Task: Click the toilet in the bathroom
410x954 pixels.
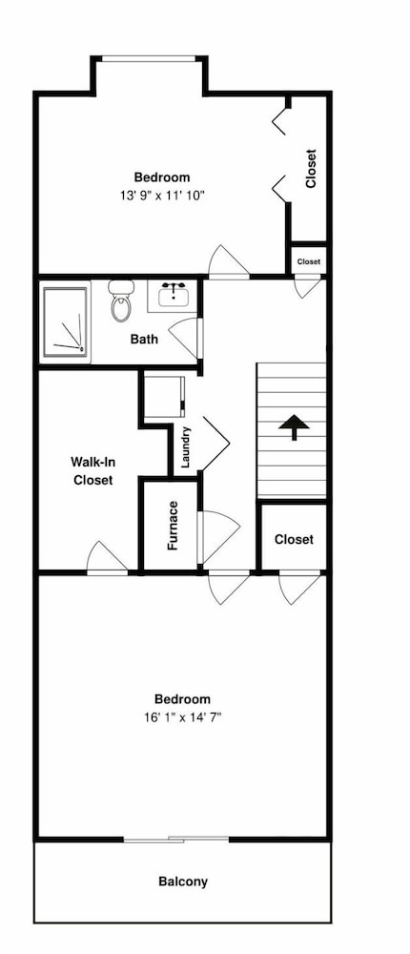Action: [121, 301]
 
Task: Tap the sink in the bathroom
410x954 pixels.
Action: [174, 297]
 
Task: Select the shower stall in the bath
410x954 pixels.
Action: [65, 321]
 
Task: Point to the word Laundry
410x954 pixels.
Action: [186, 447]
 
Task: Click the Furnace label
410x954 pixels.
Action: [173, 526]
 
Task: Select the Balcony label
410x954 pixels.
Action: [183, 881]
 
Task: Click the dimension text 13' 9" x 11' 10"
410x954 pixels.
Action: [162, 196]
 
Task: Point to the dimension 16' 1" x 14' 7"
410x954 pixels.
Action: [182, 717]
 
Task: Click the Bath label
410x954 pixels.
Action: [144, 339]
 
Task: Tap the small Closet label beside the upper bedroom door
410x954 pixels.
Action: [308, 262]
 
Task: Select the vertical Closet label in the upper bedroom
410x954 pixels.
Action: [311, 169]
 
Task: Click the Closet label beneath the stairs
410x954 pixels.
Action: [294, 539]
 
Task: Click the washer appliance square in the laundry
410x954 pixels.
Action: [164, 397]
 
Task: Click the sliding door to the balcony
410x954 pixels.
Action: [176, 840]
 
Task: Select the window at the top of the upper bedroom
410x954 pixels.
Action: [149, 59]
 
